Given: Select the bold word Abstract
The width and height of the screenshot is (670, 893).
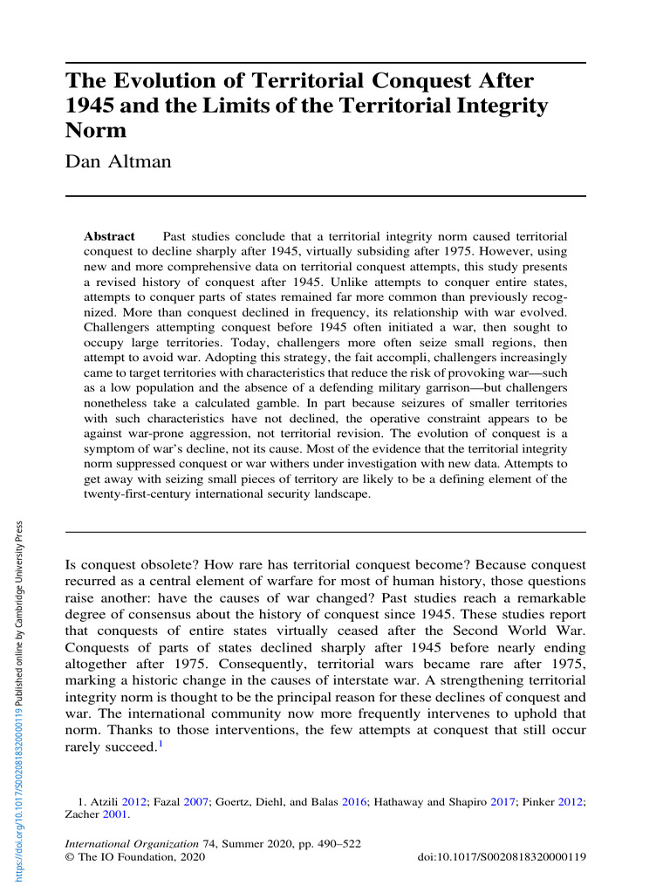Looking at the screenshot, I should [x=108, y=236].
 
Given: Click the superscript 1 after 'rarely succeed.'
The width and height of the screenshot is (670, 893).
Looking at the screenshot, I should [x=161, y=742].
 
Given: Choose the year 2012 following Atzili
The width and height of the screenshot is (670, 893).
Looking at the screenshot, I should [x=133, y=801].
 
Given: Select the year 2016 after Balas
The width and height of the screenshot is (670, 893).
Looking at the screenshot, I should [x=353, y=801].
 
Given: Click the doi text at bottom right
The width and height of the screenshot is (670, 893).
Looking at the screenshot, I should [x=502, y=858].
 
